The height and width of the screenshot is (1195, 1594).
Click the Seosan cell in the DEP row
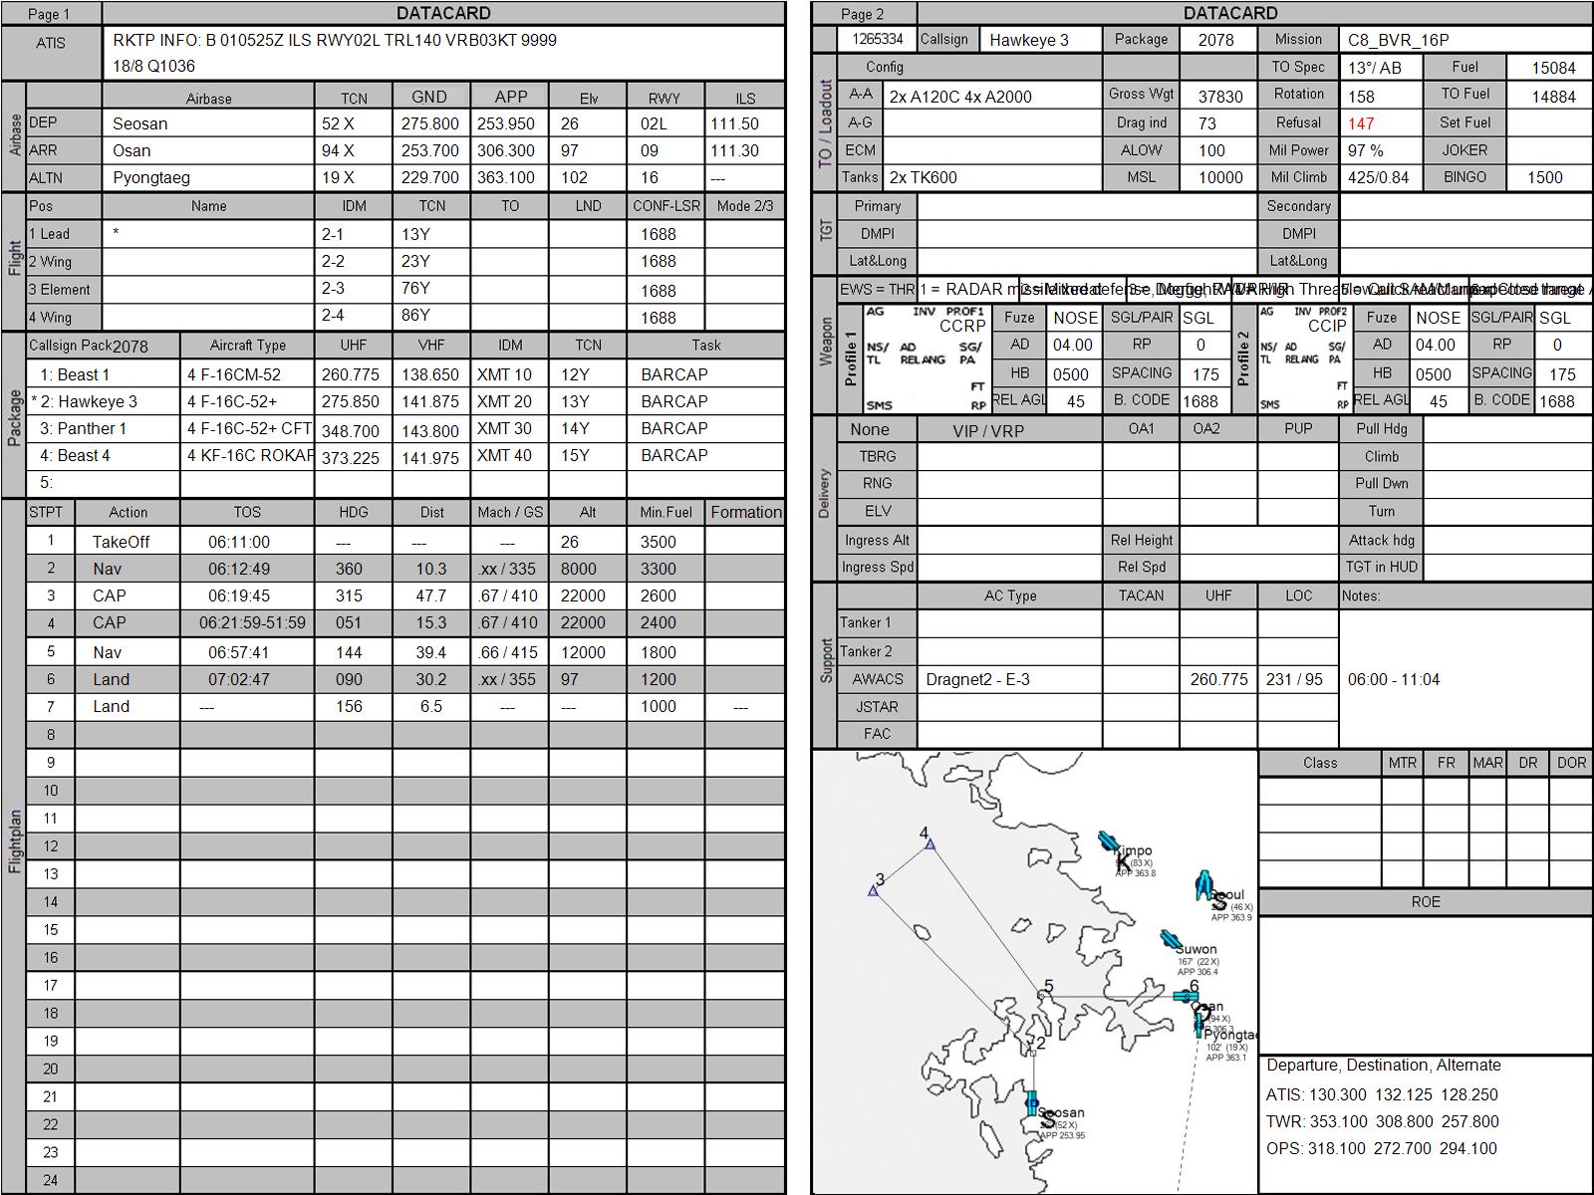click(x=140, y=123)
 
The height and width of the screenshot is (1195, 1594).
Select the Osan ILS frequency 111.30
click(x=734, y=150)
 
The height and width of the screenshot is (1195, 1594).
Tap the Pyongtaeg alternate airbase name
click(x=150, y=177)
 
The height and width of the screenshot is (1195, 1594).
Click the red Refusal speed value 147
click(x=1361, y=123)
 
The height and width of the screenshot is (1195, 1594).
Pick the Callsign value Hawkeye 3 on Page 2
click(x=1029, y=40)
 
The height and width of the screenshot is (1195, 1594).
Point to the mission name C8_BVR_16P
click(x=1398, y=40)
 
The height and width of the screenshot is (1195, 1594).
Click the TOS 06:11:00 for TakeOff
click(x=239, y=542)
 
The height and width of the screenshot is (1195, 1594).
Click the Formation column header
click(x=746, y=512)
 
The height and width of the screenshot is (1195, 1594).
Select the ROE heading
click(x=1426, y=901)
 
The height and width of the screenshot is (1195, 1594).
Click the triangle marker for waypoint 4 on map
click(x=930, y=844)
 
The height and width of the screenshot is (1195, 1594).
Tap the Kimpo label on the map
click(x=1133, y=851)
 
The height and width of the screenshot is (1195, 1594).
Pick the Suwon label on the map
click(x=1197, y=949)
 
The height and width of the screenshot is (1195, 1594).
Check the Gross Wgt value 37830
click(x=1220, y=96)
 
